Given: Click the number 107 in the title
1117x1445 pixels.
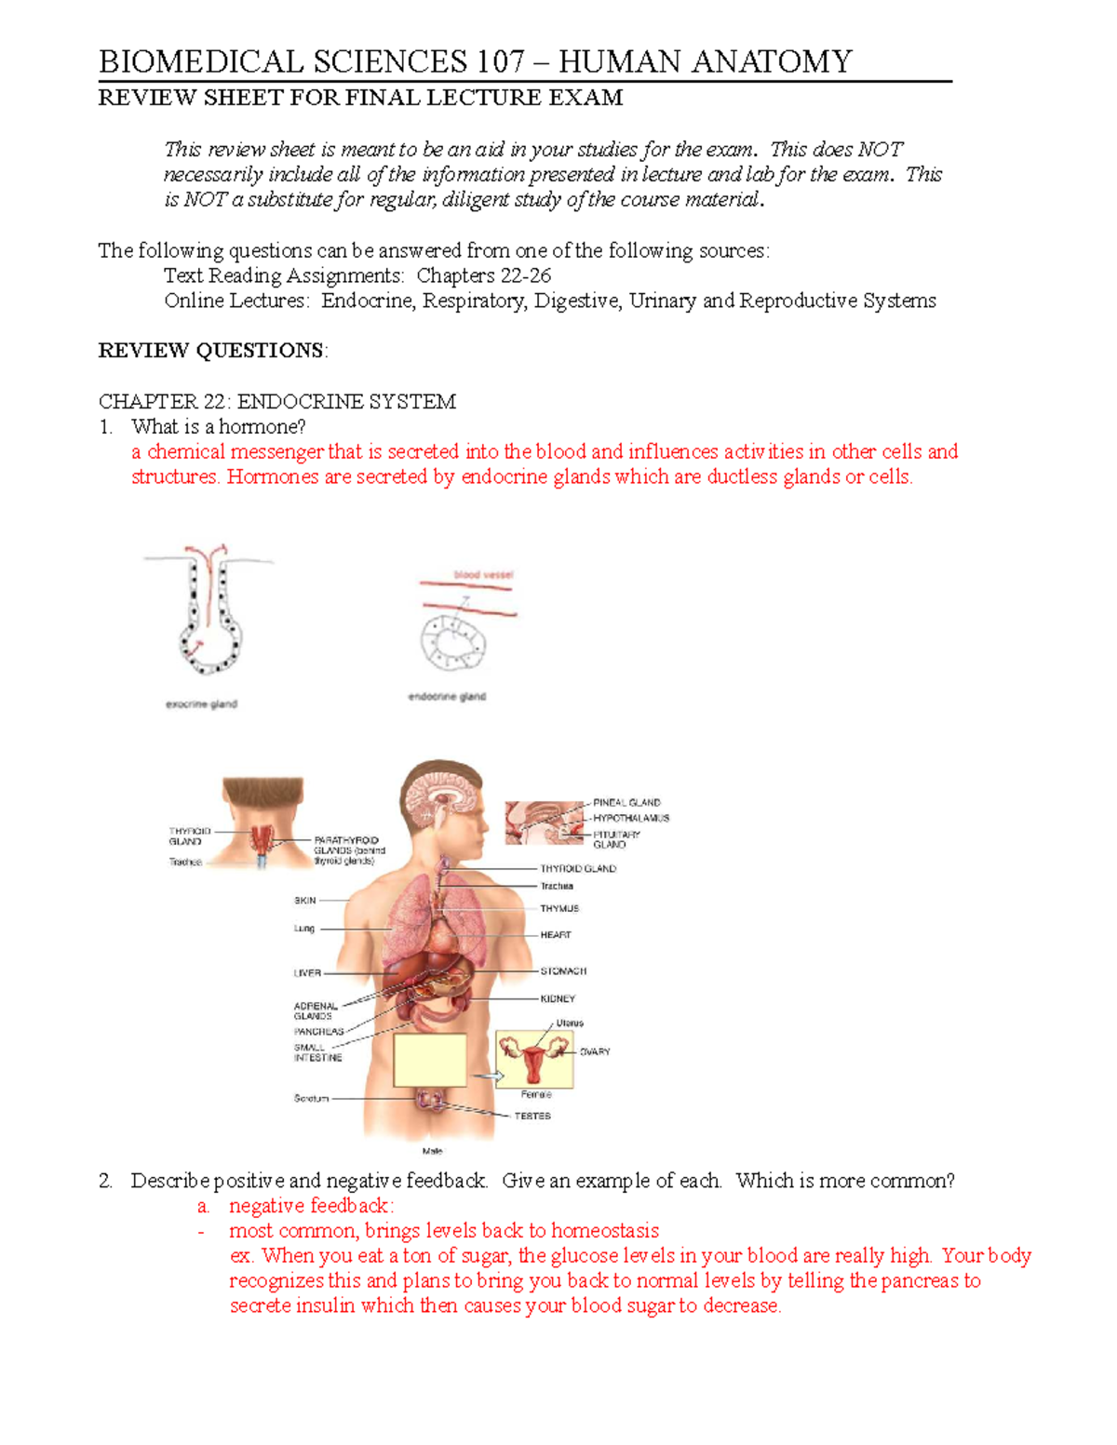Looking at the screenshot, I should (501, 62).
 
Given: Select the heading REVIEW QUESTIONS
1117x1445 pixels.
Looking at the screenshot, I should (212, 351).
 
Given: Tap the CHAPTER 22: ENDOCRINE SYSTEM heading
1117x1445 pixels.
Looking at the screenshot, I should (276, 402).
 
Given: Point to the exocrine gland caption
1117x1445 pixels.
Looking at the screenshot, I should (201, 704).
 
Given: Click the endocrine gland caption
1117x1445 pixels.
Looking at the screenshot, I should (447, 697).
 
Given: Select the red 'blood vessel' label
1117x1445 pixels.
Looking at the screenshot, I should (483, 575).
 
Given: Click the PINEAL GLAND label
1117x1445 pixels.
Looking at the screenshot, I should (626, 802).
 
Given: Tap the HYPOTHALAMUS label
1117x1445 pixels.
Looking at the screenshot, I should (631, 818).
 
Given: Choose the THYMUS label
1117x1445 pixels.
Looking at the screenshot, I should (559, 908).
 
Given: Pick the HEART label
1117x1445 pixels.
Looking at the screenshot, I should (556, 934).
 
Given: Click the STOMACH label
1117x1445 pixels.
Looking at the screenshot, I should (563, 970).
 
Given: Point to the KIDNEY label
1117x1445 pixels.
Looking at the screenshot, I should (558, 998).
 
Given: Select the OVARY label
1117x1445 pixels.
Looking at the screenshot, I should (595, 1051).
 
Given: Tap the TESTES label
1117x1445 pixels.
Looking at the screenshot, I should (532, 1116).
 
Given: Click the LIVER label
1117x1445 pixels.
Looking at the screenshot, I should (307, 973).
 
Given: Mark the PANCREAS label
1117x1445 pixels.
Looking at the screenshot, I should (318, 1032).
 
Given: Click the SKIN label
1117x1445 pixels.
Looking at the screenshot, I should (304, 901).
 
